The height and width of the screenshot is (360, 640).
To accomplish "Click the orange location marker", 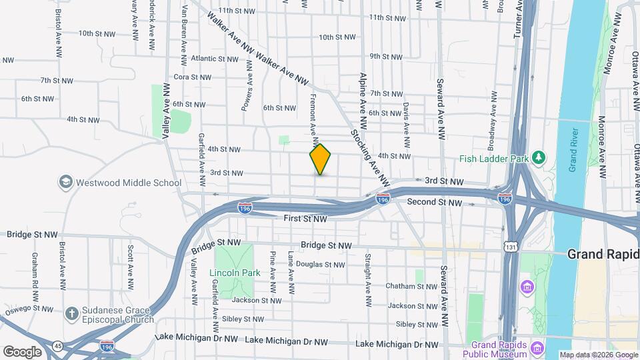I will pyautogui.click(x=321, y=159).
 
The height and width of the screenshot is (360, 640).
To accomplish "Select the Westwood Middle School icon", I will pyautogui.click(x=66, y=182).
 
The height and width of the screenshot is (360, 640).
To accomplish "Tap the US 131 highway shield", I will pyautogui.click(x=509, y=247).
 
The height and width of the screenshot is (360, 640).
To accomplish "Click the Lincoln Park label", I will pyautogui.click(x=232, y=273).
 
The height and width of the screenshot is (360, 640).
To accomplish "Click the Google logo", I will pyautogui.click(x=22, y=351).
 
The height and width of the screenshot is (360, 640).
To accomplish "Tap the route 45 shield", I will pyautogui.click(x=59, y=346).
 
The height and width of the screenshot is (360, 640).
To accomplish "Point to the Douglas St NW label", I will pyautogui.click(x=323, y=264).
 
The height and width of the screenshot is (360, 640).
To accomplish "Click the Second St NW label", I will pyautogui.click(x=434, y=201).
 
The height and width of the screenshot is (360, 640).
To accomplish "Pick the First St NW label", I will pyautogui.click(x=305, y=218).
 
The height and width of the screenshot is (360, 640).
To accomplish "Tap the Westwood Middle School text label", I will pyautogui.click(x=129, y=183).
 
